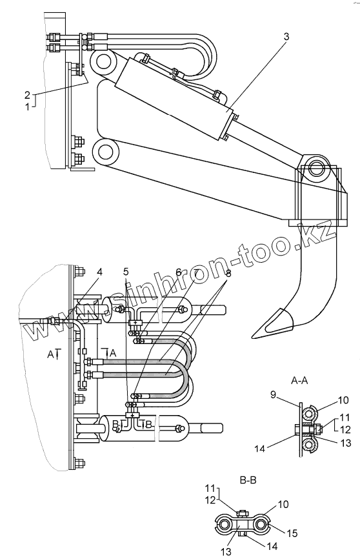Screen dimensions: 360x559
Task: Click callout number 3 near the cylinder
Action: pos(286,37)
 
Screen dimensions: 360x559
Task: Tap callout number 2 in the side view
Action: pos(28,95)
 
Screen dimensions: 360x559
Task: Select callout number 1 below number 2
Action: pos(28,107)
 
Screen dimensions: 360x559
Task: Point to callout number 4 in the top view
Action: pos(99,272)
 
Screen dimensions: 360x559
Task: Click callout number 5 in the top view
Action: pos(126,272)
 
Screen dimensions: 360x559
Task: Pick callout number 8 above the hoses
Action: pos(228,274)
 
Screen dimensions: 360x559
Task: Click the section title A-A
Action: pos(299,381)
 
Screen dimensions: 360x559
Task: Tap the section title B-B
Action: pos(248,480)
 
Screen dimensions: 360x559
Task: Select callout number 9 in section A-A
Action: pos(273,395)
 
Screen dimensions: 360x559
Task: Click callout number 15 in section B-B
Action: pos(292,533)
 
